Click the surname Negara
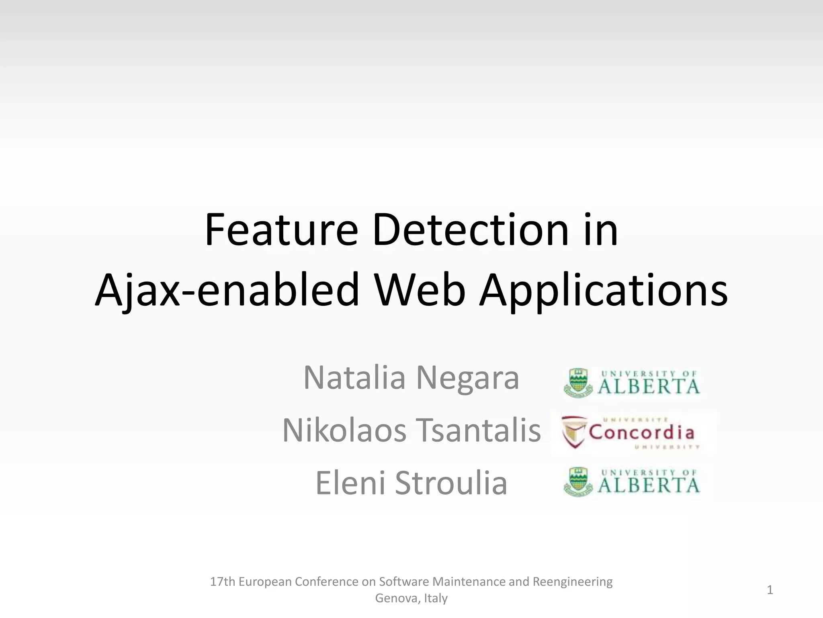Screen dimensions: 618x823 coord(467,378)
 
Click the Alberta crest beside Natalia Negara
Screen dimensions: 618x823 coord(578,383)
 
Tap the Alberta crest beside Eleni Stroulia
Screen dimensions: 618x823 coord(578,482)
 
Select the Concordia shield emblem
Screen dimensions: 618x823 coord(574,433)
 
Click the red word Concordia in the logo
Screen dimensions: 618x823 coord(641,433)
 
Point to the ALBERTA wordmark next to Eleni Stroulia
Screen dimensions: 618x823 coord(649,485)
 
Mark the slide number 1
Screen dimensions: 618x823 coord(770,590)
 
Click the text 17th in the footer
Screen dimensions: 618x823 coord(223,582)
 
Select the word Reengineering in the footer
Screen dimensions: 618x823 coord(572,582)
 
